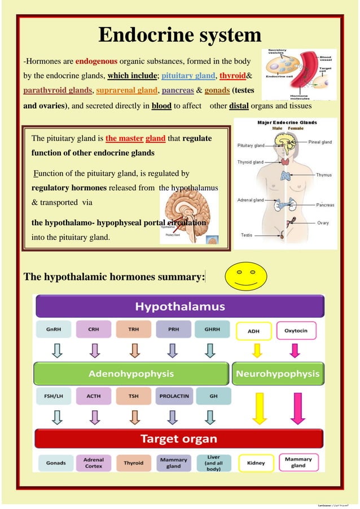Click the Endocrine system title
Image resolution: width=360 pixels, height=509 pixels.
coord(179,36)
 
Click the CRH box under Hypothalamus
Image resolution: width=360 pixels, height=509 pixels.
coord(93,330)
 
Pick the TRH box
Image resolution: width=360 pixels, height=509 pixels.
coord(133,330)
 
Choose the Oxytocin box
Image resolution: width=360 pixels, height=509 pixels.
coord(296,330)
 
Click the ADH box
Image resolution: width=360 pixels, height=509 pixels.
coord(254,331)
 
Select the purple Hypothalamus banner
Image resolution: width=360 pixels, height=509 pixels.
coord(179,307)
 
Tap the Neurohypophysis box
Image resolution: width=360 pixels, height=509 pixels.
coord(278,374)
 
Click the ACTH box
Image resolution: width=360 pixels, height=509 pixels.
coord(93,396)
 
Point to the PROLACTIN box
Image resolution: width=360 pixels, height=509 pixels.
coord(173,396)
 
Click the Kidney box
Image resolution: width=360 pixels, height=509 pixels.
coord(256,463)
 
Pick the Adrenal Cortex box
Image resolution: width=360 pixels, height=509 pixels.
coord(93,463)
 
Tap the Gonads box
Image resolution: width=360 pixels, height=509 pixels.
coord(55,463)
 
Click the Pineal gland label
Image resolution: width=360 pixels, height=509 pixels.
coord(320,142)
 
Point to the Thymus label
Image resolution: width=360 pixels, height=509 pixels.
coord(323,175)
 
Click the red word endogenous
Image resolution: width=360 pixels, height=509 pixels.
coord(96,61)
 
